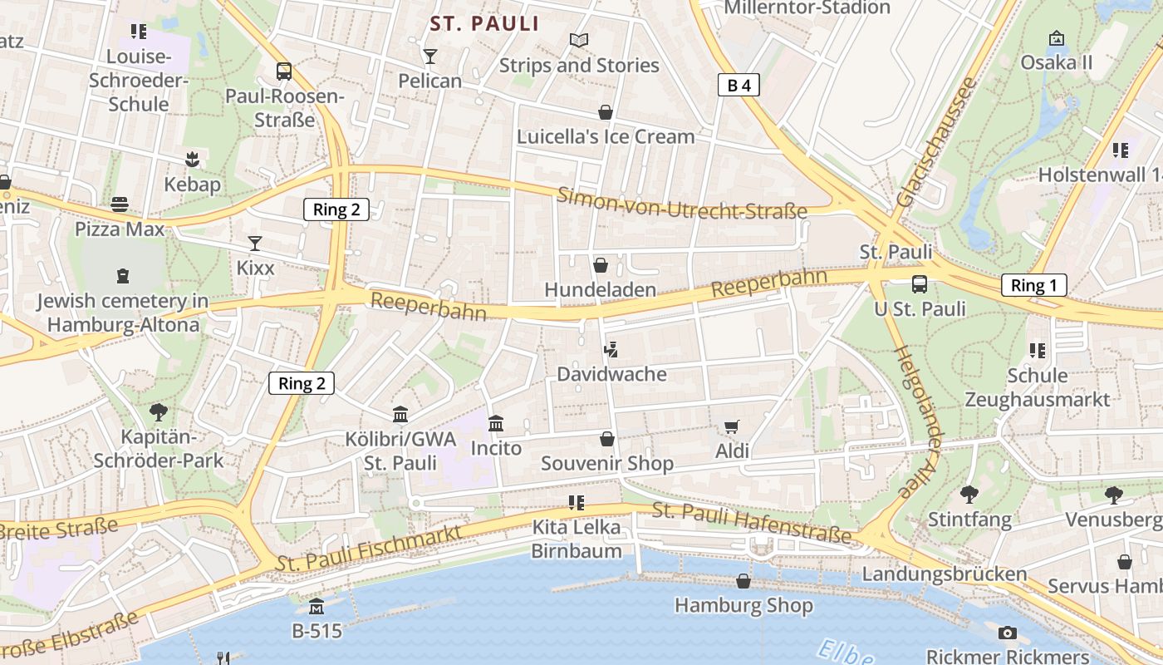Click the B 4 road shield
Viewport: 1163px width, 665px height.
(x=739, y=85)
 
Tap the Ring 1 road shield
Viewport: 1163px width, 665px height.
(x=1033, y=285)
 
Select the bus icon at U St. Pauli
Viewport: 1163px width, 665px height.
(x=920, y=284)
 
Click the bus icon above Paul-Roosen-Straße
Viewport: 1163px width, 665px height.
(x=284, y=71)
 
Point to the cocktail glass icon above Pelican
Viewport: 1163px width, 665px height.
(x=429, y=57)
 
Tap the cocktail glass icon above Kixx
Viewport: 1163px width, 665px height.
(x=255, y=244)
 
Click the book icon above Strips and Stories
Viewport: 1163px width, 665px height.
(x=579, y=40)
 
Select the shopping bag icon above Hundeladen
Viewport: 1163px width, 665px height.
(x=600, y=265)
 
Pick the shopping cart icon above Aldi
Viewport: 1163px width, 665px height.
(x=732, y=427)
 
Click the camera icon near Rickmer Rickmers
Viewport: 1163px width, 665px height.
(x=1008, y=633)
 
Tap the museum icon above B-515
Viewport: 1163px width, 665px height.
(x=317, y=607)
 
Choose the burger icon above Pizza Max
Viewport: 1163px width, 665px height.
(x=120, y=204)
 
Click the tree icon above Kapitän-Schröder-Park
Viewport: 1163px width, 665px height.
(x=158, y=411)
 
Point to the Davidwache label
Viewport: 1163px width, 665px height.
(x=611, y=374)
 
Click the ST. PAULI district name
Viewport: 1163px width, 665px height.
(x=485, y=24)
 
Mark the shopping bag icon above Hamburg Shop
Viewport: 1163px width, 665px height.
(x=743, y=581)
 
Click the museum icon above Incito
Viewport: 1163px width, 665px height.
(x=496, y=424)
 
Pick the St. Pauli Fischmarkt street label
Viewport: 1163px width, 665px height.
(x=370, y=549)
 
